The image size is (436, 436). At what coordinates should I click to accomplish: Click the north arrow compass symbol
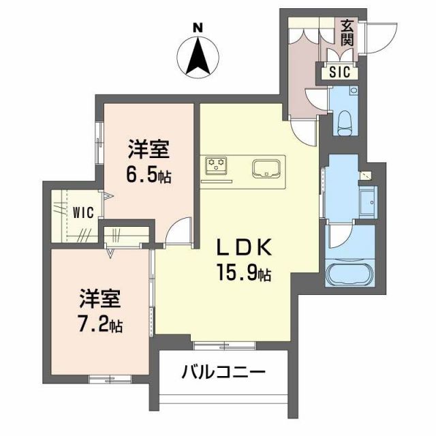(x=198, y=57)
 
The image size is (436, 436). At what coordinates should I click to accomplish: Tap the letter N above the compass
(x=198, y=28)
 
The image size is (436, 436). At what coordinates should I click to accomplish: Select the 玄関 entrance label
(x=347, y=32)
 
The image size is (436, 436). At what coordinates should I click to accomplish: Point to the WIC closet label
(x=83, y=211)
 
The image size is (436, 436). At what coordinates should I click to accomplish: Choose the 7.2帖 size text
(x=100, y=325)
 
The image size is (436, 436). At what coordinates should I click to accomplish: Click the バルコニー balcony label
(x=223, y=373)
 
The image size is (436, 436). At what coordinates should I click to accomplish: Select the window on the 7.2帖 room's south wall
(x=106, y=377)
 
